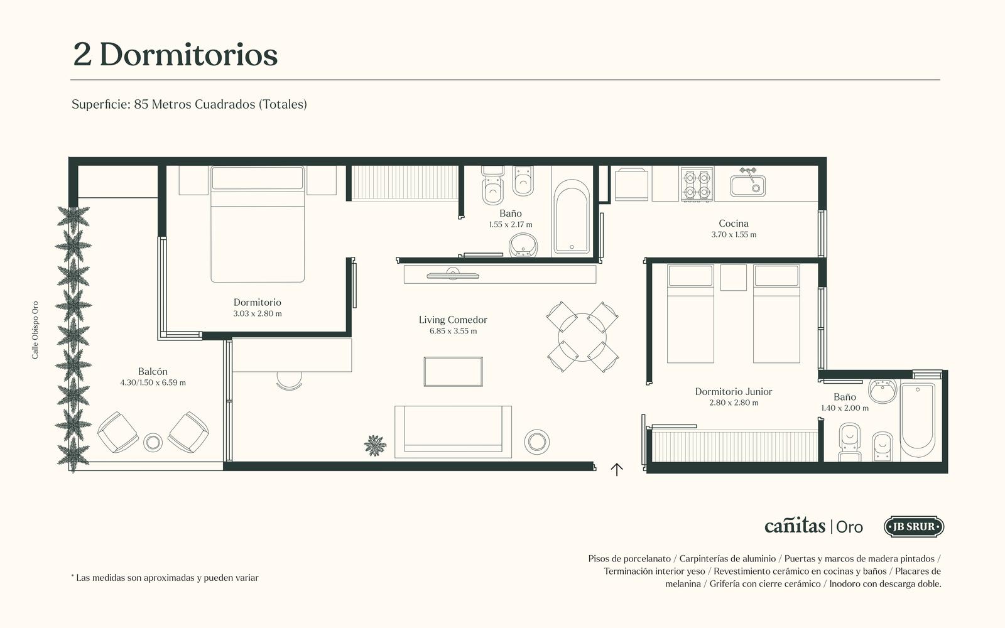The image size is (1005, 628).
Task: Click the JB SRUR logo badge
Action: (x=914, y=527)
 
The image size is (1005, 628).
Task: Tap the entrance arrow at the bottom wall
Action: (x=617, y=469)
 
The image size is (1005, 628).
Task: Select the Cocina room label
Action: (x=734, y=224)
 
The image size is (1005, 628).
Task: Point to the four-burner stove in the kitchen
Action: (x=697, y=185)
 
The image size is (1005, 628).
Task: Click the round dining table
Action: (x=582, y=337)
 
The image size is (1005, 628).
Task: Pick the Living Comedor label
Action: (x=453, y=320)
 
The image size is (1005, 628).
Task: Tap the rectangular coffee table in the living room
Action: (x=453, y=371)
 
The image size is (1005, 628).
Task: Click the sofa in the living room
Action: (x=453, y=432)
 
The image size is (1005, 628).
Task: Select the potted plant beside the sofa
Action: (x=374, y=445)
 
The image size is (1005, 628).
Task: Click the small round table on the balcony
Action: (x=153, y=443)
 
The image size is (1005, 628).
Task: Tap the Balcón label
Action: (x=153, y=371)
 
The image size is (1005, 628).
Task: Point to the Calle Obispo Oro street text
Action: (x=35, y=330)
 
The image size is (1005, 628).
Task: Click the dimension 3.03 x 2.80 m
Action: (x=258, y=313)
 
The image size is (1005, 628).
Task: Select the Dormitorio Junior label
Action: (x=734, y=392)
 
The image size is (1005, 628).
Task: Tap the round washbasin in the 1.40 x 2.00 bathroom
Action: (x=883, y=391)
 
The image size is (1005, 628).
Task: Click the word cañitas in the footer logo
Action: (x=795, y=525)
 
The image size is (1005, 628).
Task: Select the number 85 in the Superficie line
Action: (x=141, y=104)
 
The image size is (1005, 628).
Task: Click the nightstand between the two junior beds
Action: (x=734, y=278)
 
